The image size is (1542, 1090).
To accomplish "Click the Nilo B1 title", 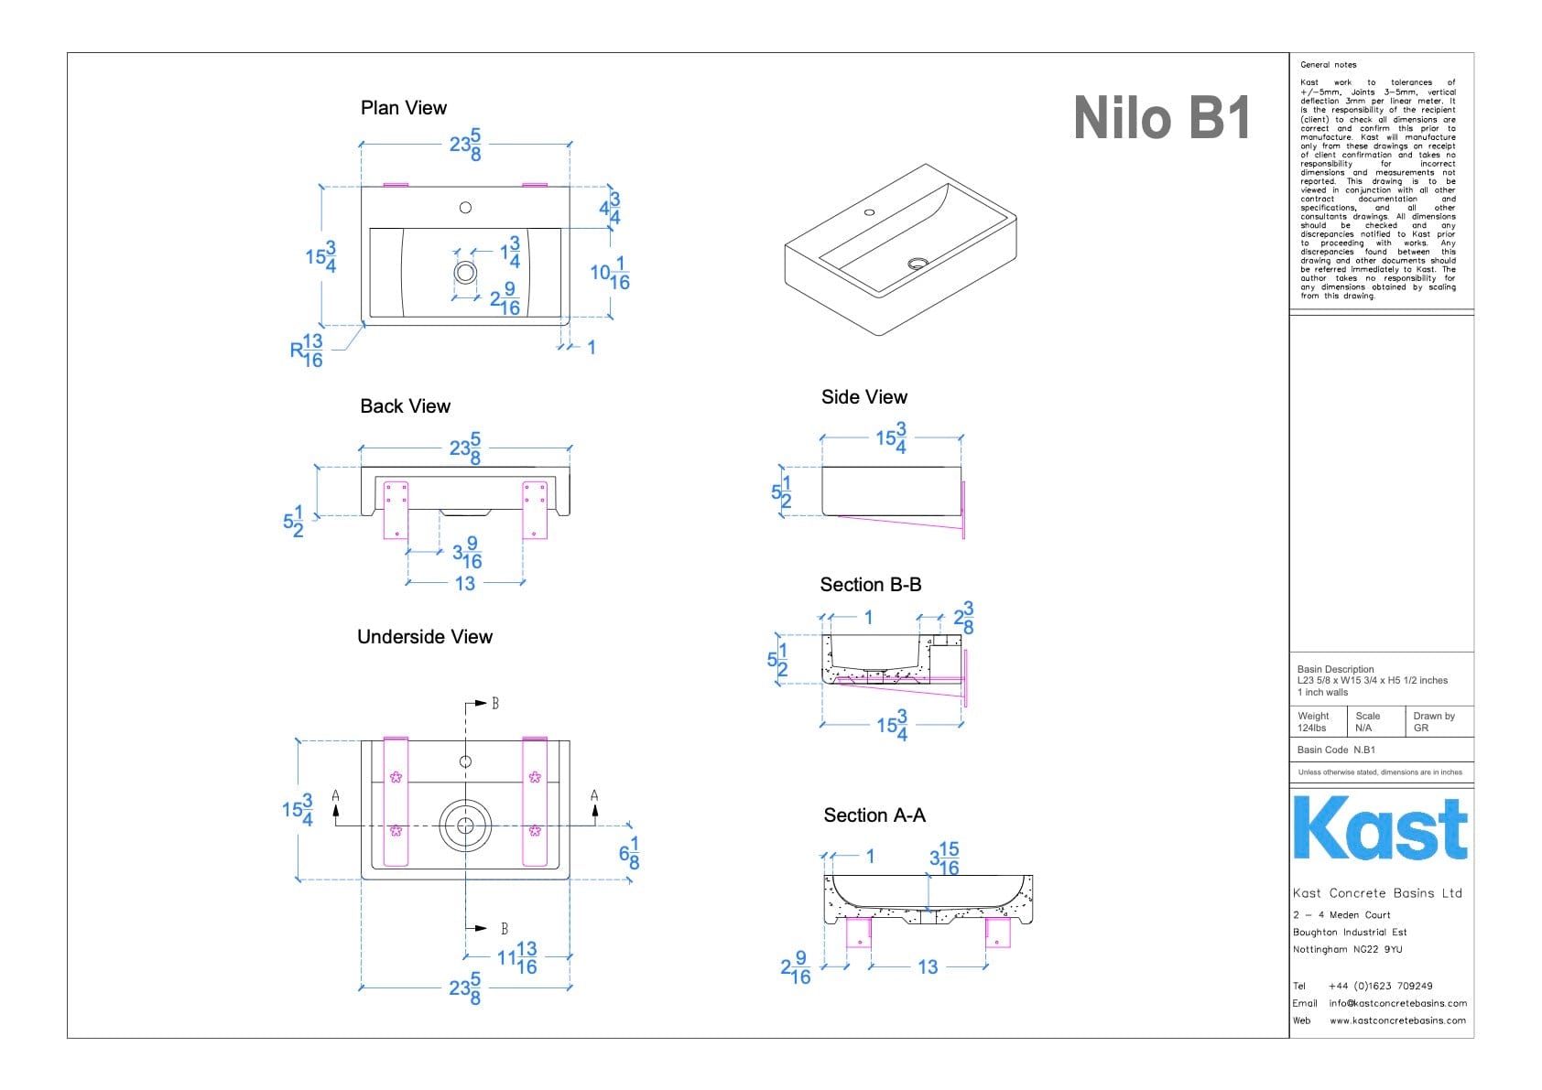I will (x=1161, y=119).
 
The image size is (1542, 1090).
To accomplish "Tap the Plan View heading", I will (x=404, y=108).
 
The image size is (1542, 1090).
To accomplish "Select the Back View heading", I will (x=405, y=406).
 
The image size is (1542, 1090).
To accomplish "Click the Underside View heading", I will (x=425, y=637).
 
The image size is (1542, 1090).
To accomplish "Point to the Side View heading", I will (x=863, y=397).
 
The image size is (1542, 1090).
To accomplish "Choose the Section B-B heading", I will (x=870, y=585).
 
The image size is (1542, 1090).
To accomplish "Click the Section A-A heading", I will (x=874, y=815).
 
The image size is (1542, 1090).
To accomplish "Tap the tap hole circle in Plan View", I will (x=465, y=208).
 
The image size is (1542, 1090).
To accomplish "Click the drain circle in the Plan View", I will (x=465, y=272).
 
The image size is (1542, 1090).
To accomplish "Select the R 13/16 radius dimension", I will (x=307, y=351).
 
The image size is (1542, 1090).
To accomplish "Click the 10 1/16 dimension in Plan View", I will (x=610, y=274).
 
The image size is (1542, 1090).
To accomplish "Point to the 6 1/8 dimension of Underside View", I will (x=629, y=853).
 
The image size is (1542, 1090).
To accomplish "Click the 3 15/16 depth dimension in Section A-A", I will (x=944, y=859).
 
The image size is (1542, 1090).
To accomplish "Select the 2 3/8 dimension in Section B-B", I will (x=963, y=618).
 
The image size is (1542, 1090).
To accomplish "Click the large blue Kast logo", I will (x=1380, y=828).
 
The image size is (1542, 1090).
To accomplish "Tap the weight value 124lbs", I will (x=1311, y=728).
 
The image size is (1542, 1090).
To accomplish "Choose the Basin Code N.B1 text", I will (x=1336, y=750).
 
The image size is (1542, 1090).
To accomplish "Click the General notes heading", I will (x=1328, y=65).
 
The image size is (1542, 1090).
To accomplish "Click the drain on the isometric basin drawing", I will (x=918, y=264).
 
